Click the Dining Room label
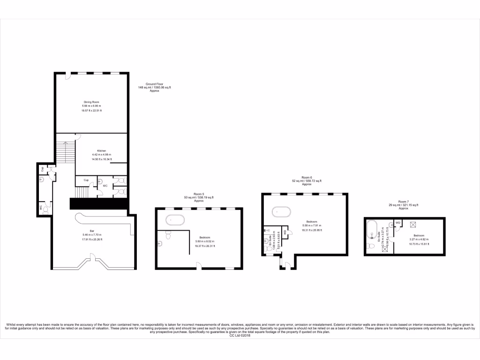coord(91,102)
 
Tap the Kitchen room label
coord(95,150)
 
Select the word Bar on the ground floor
coord(92,231)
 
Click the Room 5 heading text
coord(199,194)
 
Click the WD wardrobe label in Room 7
coord(397,223)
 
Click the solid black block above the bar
coord(99,204)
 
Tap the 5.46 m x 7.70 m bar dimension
coord(92,235)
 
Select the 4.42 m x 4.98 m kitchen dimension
coord(102,155)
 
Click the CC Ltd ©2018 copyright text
coord(240,336)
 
